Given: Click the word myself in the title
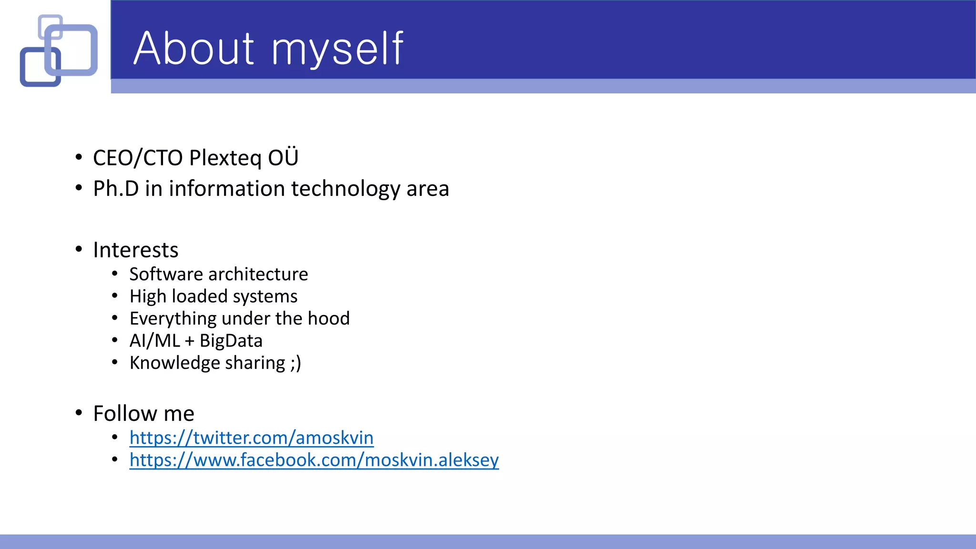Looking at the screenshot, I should (337, 49).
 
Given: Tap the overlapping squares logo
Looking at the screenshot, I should (59, 51).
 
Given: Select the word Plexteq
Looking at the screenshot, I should (225, 158).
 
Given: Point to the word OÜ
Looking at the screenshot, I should (283, 157).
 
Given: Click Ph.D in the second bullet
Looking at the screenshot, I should (116, 189).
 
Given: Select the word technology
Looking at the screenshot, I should (346, 189).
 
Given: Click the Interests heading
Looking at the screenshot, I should (136, 250).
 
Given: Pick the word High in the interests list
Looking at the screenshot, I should (148, 297).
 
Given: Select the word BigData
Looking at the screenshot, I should (231, 341).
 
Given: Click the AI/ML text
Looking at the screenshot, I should (155, 341).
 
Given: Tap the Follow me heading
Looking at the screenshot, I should (143, 414).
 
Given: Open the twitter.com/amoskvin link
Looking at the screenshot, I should (251, 437).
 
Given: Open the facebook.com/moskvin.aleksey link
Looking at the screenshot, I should (314, 460).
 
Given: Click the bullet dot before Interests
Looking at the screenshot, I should (79, 249).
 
